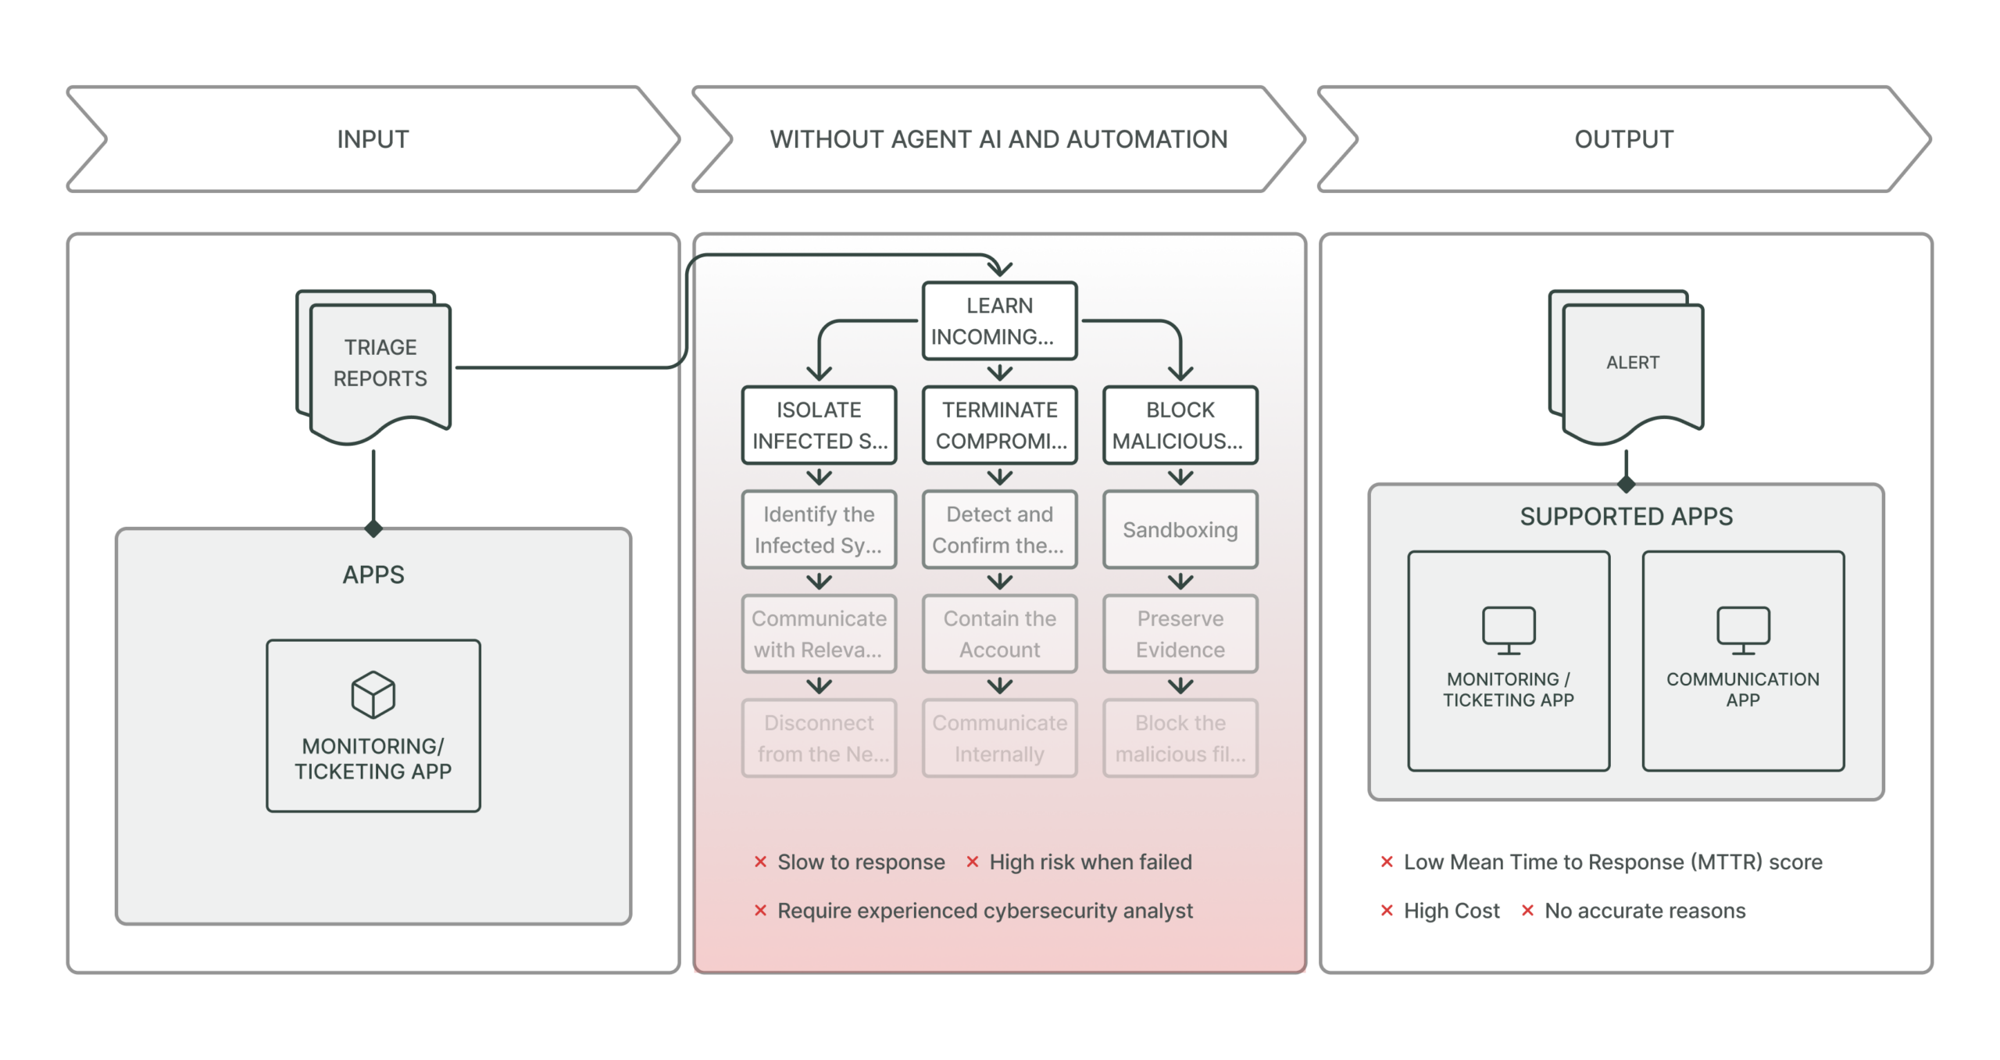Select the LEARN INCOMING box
point(999,321)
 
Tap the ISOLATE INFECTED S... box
point(819,425)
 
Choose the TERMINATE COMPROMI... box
point(999,425)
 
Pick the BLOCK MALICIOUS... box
point(1180,425)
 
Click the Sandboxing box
point(1180,530)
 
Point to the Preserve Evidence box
point(1180,634)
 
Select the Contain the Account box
point(999,634)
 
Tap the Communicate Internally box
point(999,738)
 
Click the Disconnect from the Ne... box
point(819,738)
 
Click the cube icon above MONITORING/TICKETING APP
point(373,694)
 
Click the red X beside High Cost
point(1387,911)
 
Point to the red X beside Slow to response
point(760,861)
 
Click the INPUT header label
point(373,139)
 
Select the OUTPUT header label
point(1623,139)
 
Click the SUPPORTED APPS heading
point(1626,517)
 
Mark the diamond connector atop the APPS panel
point(373,529)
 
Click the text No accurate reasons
point(1645,911)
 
